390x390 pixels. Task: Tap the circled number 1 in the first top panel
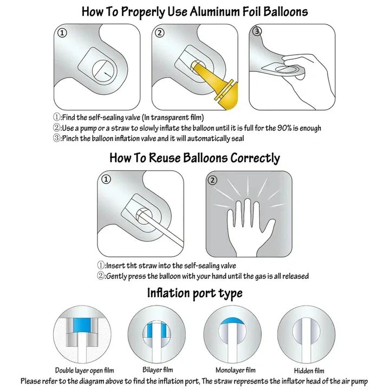62,33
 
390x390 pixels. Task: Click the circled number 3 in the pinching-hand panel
257,31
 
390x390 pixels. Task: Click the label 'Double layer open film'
84,370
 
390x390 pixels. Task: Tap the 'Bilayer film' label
158,369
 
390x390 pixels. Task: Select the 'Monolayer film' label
235,370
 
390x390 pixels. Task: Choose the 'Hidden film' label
309,370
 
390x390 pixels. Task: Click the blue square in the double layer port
82,326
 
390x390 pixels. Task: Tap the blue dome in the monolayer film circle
232,321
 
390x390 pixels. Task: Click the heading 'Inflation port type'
195,293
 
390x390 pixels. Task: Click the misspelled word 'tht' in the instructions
132,265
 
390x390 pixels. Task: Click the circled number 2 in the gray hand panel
212,180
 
